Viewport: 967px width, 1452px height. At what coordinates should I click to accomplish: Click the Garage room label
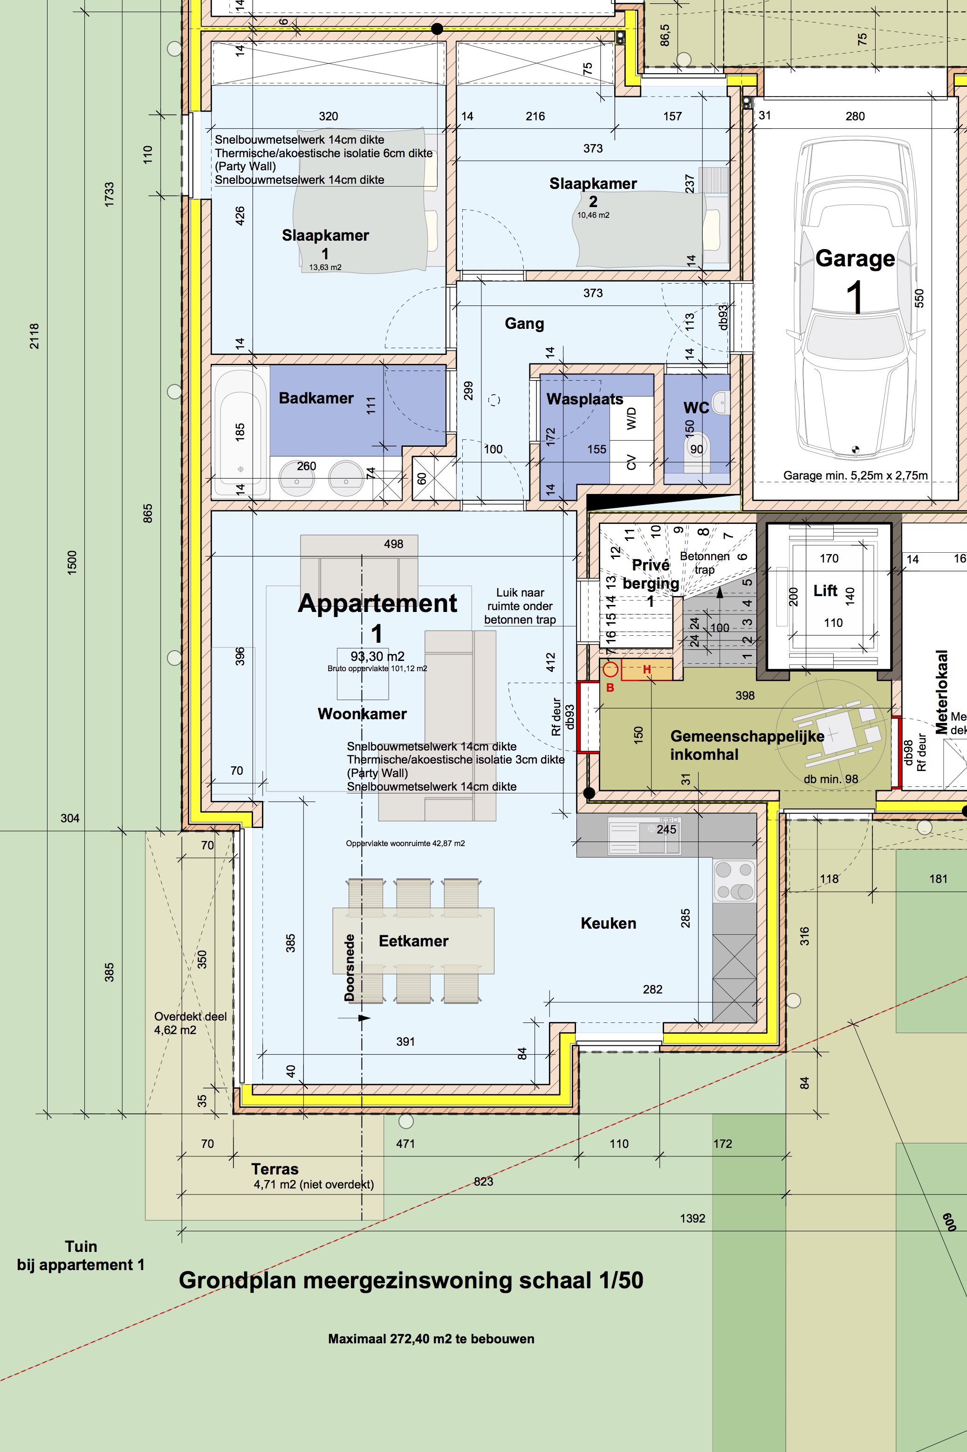click(x=855, y=258)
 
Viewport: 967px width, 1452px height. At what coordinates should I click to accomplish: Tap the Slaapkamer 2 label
click(x=593, y=192)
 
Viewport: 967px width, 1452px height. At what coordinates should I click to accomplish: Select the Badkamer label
click(x=316, y=398)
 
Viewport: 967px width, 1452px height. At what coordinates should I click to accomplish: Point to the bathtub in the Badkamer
click(x=240, y=431)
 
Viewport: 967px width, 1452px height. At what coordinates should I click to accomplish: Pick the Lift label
click(x=825, y=591)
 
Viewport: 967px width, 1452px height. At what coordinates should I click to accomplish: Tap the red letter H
click(x=647, y=669)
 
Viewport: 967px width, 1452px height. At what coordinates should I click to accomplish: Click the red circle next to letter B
click(x=610, y=669)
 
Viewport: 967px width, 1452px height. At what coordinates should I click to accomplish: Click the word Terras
click(x=274, y=1169)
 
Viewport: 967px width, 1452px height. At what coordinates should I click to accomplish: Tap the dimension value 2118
click(x=34, y=336)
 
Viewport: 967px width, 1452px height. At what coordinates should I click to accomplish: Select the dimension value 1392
click(x=692, y=1218)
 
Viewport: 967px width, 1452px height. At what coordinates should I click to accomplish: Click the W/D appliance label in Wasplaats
click(x=631, y=418)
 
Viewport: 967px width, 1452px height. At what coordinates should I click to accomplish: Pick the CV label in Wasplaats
click(x=631, y=462)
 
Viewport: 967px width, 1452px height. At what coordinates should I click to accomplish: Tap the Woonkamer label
click(x=362, y=714)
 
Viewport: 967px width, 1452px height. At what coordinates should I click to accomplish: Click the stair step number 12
click(x=615, y=552)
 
